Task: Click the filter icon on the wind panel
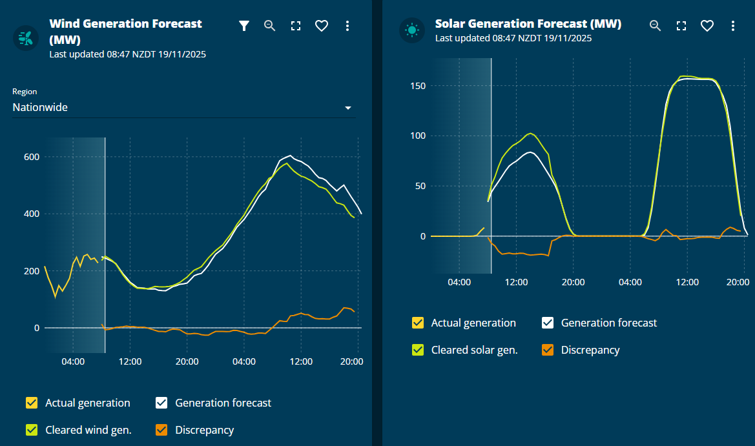point(243,26)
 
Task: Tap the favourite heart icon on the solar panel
point(707,26)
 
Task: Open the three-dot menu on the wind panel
point(347,26)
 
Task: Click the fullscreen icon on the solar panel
point(681,26)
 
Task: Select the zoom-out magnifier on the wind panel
point(270,26)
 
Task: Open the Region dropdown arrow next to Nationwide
point(348,108)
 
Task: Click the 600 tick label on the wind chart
point(32,157)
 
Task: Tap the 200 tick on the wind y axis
point(32,271)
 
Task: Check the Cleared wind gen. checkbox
point(32,430)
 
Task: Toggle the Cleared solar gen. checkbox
point(418,350)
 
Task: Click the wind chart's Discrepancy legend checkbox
point(161,430)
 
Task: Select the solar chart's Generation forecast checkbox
point(548,323)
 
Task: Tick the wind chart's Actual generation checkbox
point(32,403)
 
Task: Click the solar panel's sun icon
point(411,30)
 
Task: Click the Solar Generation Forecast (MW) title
point(528,24)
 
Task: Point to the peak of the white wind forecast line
point(291,156)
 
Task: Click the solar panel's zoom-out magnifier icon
point(655,26)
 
